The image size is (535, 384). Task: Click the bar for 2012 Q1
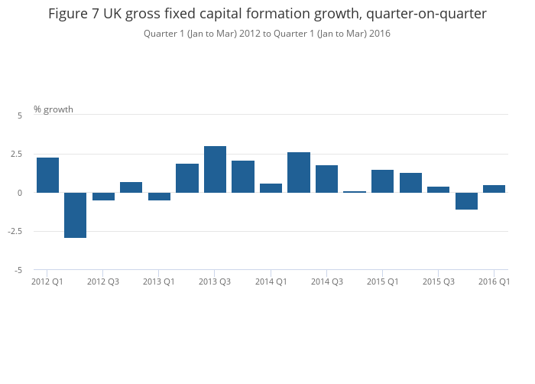(47, 175)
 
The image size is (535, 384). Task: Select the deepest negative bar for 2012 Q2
(75, 215)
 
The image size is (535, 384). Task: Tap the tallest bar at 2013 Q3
(215, 169)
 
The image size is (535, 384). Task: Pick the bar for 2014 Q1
(271, 188)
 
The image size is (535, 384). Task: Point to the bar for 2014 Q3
(326, 179)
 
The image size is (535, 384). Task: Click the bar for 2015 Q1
(382, 181)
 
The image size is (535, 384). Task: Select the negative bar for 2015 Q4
(466, 200)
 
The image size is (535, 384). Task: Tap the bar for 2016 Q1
(494, 189)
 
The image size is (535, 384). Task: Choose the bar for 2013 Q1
(159, 196)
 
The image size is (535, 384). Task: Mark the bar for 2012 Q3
(103, 196)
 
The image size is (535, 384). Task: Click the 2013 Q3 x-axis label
(215, 281)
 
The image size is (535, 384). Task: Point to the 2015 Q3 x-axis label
(438, 281)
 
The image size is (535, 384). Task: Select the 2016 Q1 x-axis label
(494, 281)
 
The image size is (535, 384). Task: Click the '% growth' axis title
(53, 109)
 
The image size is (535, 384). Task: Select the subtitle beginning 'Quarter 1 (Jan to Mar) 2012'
(267, 33)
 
